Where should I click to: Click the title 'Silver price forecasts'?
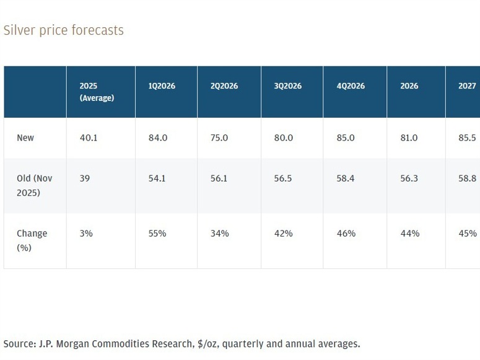pos(63,30)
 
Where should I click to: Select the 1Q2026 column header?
pos(162,86)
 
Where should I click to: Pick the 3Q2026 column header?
pos(287,86)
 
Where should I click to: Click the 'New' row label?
pos(25,138)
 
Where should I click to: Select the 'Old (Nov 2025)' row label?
pos(35,185)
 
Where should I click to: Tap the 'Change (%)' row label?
pos(32,240)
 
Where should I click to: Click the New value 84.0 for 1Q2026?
pos(157,138)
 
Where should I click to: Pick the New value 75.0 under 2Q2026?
pos(219,138)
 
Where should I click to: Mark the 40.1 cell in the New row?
pos(89,138)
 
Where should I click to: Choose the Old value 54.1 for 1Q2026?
pos(157,178)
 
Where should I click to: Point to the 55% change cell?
pos(157,234)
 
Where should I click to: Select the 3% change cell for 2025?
pos(86,234)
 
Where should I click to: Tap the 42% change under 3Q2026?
pos(283,234)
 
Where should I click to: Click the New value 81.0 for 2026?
pos(409,138)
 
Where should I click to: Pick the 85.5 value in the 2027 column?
pos(468,138)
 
